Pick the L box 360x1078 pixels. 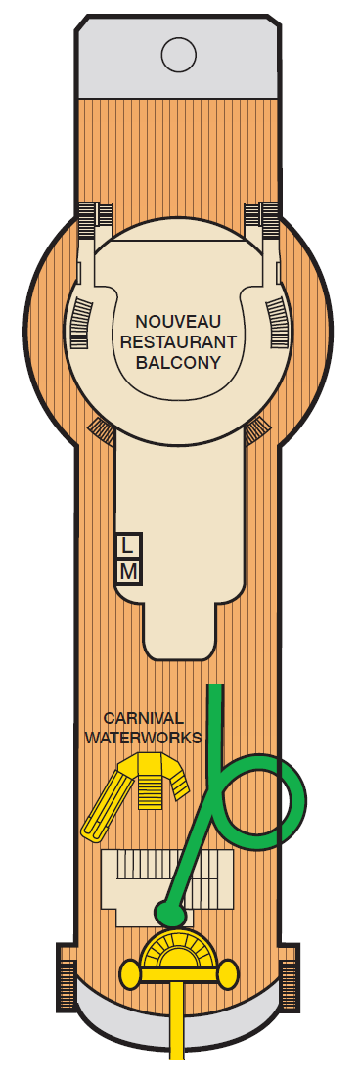(x=128, y=544)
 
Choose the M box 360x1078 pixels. (x=128, y=569)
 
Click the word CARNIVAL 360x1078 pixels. (x=144, y=719)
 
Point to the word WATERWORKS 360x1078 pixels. (x=144, y=737)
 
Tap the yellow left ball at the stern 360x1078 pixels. (x=129, y=972)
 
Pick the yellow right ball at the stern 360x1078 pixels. (x=228, y=972)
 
